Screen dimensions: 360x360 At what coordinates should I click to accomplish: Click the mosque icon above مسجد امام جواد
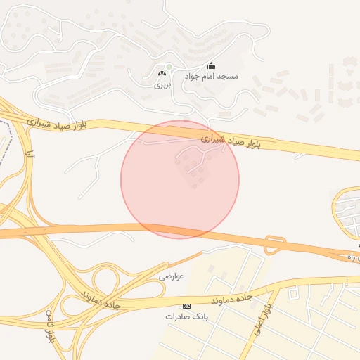tap(211, 66)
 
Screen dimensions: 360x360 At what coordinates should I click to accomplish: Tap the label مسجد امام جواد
tap(212, 76)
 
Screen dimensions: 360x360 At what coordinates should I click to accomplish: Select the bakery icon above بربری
tap(163, 73)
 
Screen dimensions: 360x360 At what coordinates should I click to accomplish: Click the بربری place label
tap(162, 84)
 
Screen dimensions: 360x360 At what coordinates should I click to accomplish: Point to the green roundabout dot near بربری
tap(169, 67)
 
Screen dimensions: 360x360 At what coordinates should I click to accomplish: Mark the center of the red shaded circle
tap(180, 179)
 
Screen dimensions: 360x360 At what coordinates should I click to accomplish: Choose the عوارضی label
tap(171, 276)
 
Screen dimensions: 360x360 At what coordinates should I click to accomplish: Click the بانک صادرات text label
tap(184, 316)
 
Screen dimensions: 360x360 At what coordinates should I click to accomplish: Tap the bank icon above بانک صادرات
tap(186, 306)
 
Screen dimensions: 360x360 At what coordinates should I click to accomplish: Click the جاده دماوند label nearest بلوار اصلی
tap(229, 297)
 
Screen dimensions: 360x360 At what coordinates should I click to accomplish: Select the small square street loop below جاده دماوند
tap(292, 292)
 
